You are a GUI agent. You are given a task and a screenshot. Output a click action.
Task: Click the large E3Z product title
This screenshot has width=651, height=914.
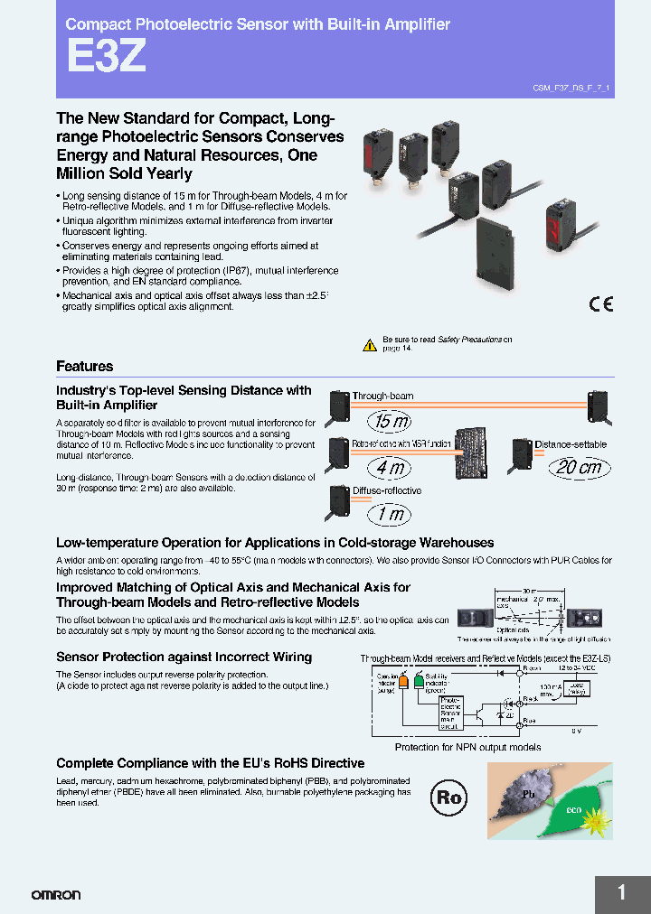(x=105, y=58)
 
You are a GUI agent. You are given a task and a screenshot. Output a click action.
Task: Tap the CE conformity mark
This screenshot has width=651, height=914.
(x=600, y=304)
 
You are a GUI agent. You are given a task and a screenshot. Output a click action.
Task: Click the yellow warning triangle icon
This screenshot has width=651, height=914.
(x=369, y=345)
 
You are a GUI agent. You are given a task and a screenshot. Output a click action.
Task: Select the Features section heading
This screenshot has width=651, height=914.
(x=85, y=367)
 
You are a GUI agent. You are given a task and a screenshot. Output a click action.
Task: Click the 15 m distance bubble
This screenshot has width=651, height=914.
(x=390, y=421)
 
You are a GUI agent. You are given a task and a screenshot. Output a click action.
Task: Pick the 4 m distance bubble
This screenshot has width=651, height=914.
(x=390, y=468)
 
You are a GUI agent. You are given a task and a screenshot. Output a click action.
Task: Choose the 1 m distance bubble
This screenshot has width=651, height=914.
(x=390, y=515)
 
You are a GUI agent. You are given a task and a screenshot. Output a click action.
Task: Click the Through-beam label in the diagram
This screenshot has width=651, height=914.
(x=382, y=396)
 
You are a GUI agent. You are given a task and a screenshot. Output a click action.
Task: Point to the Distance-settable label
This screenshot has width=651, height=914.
(x=571, y=444)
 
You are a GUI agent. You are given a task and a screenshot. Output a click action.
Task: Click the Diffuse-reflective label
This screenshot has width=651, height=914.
(x=386, y=491)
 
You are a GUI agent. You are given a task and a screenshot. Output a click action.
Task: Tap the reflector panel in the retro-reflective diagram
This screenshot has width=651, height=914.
(x=476, y=452)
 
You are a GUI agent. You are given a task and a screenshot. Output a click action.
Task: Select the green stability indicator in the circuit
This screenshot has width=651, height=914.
(x=419, y=685)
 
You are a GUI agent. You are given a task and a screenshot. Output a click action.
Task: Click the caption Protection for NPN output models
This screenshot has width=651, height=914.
(x=467, y=747)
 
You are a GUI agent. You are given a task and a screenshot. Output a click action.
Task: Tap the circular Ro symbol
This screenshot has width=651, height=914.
(x=448, y=797)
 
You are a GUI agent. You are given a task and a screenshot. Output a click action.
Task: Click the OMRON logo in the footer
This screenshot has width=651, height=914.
(x=56, y=895)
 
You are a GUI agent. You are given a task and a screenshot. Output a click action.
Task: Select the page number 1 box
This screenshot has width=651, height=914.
(x=622, y=894)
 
